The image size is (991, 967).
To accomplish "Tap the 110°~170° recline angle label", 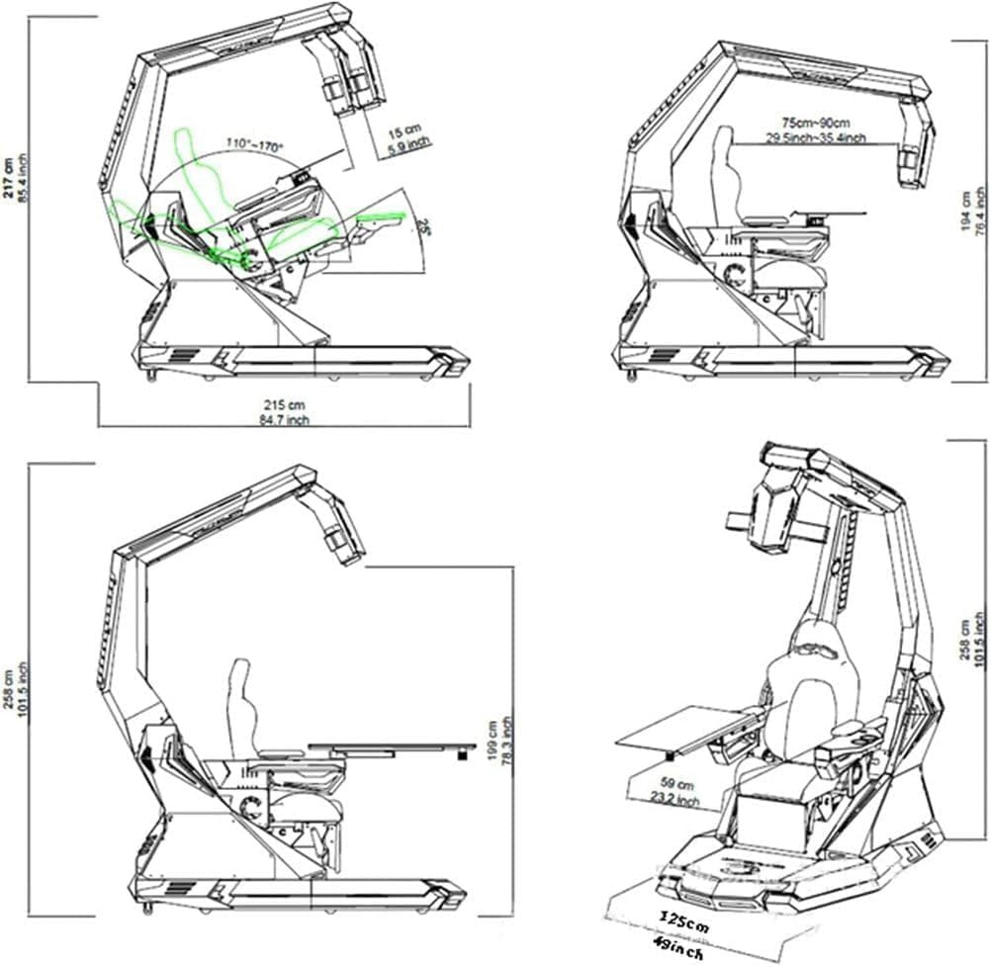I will [x=254, y=144].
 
